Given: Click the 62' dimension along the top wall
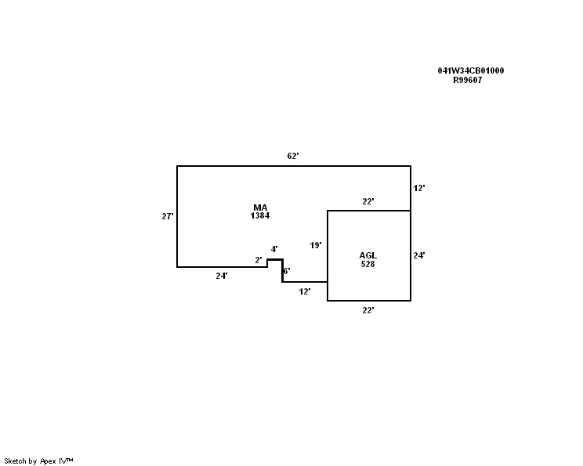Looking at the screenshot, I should coord(293,156).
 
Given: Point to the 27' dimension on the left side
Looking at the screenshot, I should coord(167,216).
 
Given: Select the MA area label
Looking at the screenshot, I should coord(260,208).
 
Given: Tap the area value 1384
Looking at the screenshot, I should coord(260,215).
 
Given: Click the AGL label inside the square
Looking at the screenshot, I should coord(368,255).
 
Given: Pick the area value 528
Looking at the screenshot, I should coord(368,264).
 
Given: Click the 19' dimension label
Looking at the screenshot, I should coord(316,245).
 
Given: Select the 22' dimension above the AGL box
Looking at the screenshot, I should coord(368,201).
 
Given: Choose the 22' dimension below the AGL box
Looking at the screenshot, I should coord(368,310).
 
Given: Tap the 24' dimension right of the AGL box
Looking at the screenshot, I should coord(419,255).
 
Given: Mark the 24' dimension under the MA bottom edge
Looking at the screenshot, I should coord(222,276).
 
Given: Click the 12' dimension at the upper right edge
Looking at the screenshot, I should coord(419,188).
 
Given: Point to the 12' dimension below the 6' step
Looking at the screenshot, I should coord(305,291).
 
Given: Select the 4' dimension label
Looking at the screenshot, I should coord(274,249).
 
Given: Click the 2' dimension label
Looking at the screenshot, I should coord(259,260).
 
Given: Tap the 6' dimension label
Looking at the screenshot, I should coord(287,271).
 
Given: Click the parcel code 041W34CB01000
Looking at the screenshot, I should coord(470,70).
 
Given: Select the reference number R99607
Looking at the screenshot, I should coord(467,80).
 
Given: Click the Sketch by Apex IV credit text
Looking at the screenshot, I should coord(38,461).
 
